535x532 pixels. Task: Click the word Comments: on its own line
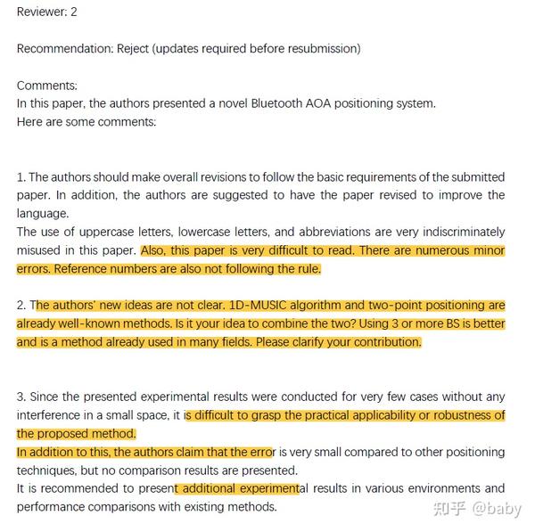(46, 86)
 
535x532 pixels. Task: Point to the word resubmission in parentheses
(318, 48)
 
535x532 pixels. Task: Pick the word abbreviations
(333, 233)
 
